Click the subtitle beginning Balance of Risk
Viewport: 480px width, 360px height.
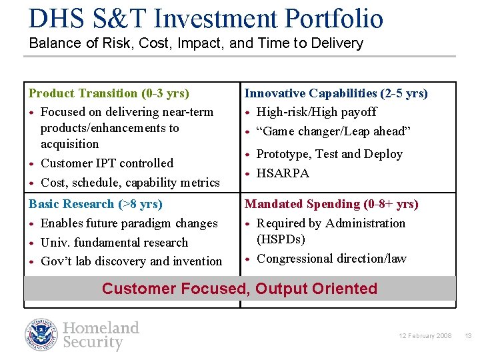pos(196,43)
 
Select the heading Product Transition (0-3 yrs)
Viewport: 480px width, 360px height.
pos(109,93)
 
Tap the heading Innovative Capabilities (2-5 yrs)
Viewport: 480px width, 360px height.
pos(336,93)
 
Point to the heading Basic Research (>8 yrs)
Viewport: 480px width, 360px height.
pos(95,204)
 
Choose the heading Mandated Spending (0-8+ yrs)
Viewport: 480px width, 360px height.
pos(331,204)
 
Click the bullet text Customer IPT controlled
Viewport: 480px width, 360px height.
pos(107,163)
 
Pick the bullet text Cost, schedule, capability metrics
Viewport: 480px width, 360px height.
pos(130,183)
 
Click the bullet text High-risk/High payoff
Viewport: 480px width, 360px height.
pos(316,112)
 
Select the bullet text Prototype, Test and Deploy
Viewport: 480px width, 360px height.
pos(329,154)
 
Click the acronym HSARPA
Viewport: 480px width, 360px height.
pos(283,173)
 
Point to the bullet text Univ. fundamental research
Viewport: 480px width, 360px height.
pos(114,243)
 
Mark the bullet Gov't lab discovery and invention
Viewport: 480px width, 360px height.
pos(131,261)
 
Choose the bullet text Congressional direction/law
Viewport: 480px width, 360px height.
pos(331,259)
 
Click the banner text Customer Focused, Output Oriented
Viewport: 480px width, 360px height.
pos(239,289)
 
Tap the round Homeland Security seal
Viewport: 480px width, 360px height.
pos(42,335)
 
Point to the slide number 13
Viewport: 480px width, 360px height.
pos(468,336)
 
